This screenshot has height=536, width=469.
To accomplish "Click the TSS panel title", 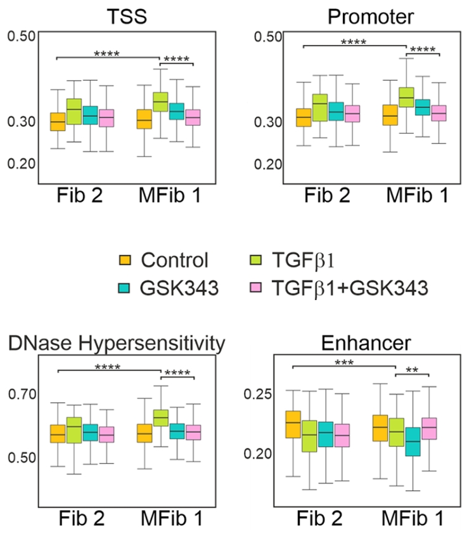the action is pos(127,16).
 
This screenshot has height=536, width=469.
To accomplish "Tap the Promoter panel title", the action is pos(371,16).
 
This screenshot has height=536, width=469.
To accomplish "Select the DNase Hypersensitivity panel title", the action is pos(117,343).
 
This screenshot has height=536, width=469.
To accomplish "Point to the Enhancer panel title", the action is pos(366,343).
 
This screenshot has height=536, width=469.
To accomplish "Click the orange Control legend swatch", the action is pos(125,260).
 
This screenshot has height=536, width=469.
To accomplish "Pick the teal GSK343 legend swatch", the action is pos(124,288).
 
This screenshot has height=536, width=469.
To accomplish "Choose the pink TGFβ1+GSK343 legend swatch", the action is pos(256,287).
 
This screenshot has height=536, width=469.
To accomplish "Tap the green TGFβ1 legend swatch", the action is pos(256,260).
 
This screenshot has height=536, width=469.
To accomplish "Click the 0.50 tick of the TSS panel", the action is pos(21,36).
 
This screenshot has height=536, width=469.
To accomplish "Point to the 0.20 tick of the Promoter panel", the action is pos(268,164).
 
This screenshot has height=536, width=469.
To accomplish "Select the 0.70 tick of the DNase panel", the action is pos(22,394).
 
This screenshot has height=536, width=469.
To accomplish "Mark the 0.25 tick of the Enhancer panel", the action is pos(257,394).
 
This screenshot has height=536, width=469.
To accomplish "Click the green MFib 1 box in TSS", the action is pos(160,101).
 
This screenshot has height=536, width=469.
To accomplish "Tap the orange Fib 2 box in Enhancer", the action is pos(293,424).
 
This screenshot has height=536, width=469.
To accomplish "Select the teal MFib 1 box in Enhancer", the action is pos(413,441).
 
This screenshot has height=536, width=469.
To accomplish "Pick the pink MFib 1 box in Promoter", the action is pos(439,113).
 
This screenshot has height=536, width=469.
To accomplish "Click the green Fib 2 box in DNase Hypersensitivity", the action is pos(74,430).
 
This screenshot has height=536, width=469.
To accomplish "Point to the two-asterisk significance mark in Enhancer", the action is pos(412,370).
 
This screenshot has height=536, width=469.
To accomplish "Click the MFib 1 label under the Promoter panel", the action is pos(417,195).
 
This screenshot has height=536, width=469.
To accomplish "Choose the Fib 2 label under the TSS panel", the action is pos(80,195).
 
